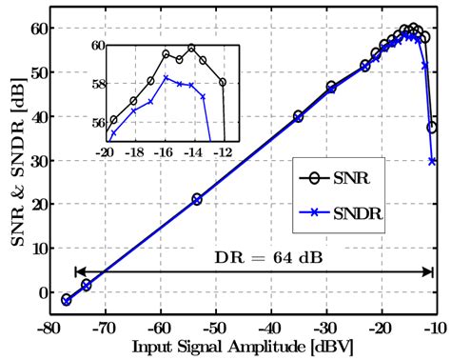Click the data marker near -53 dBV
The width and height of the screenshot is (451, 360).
tap(197, 199)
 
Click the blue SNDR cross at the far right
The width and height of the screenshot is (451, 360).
tap(433, 161)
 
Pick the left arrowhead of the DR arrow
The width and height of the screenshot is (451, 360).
tap(76, 271)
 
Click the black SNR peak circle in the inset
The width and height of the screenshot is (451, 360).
tap(191, 48)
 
